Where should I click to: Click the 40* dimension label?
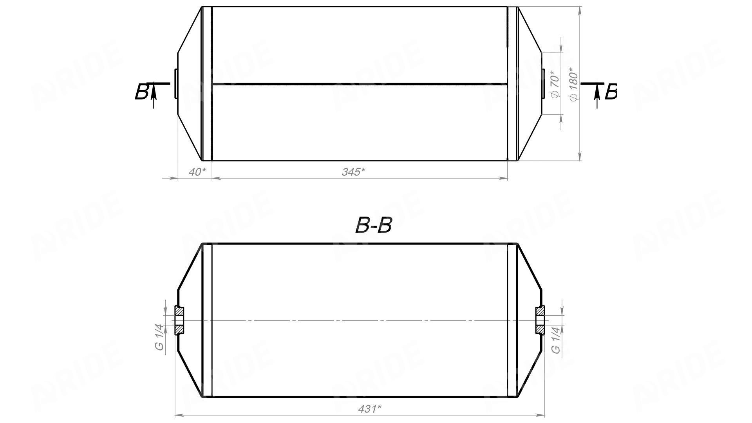197,172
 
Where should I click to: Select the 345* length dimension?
354,172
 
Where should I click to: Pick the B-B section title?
373,225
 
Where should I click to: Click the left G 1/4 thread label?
159,337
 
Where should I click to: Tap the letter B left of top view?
141,92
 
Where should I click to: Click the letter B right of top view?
611,92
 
